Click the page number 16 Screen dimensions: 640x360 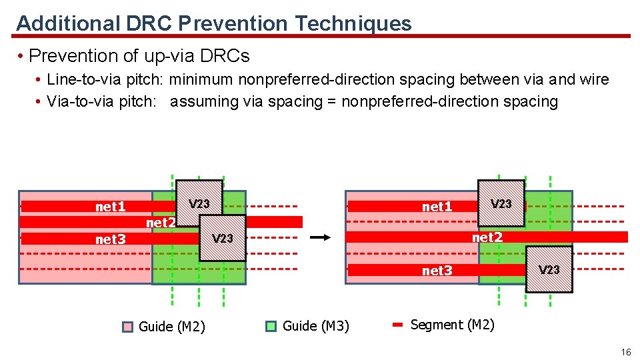(625, 351)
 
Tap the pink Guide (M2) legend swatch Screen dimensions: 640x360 (128, 327)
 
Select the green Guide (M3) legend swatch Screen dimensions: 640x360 (271, 326)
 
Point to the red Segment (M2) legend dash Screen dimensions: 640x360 (398, 325)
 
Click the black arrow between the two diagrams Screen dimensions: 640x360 (321, 237)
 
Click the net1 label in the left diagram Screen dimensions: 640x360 (110, 207)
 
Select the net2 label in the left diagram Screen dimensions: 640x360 (161, 223)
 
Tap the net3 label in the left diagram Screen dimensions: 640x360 (110, 239)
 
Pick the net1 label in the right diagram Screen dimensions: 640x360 (437, 207)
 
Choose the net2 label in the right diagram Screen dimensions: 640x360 (487, 237)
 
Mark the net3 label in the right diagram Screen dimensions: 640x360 (437, 270)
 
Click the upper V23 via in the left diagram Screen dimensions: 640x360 (199, 203)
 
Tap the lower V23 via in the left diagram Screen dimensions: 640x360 (223, 238)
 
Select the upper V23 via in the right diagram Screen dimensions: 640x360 (501, 203)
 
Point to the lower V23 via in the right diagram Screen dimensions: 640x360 (549, 269)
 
